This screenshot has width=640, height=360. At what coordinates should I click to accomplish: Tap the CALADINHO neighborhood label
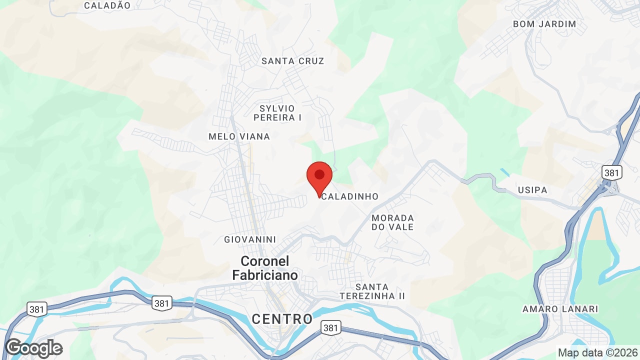[350, 196]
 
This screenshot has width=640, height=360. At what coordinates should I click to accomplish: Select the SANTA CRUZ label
[293, 61]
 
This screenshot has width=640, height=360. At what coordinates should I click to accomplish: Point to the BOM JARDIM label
[544, 24]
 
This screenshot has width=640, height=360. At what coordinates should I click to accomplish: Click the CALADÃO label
[107, 5]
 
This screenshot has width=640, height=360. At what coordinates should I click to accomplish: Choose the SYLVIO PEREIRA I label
[277, 113]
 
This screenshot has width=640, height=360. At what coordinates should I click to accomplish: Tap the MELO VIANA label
[239, 136]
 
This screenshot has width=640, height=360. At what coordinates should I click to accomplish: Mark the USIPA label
[533, 190]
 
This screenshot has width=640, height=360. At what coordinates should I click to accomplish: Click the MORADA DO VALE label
[392, 222]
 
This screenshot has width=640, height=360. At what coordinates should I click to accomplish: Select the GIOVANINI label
[250, 239]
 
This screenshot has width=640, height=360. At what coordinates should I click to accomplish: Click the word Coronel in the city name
[264, 261]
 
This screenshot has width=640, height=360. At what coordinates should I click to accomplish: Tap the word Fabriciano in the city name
[264, 275]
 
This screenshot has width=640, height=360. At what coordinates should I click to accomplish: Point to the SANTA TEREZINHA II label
[372, 291]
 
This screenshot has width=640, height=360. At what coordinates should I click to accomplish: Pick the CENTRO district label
[282, 319]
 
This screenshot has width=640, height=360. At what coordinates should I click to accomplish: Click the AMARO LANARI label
[560, 309]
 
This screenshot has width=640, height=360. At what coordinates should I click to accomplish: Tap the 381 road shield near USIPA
[611, 173]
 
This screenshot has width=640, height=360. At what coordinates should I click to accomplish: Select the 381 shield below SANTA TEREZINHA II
[330, 328]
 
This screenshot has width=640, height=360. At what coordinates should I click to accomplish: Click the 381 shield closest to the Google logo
[37, 309]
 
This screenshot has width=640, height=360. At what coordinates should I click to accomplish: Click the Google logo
[33, 348]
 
